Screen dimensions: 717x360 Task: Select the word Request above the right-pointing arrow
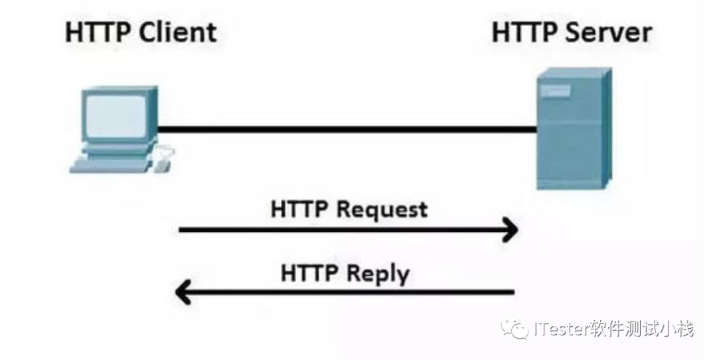[x=382, y=211]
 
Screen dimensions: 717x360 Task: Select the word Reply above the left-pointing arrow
[x=377, y=274]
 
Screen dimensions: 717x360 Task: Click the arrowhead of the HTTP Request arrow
[x=511, y=229]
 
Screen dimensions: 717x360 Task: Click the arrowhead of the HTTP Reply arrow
[x=183, y=292]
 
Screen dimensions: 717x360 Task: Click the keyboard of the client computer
[x=110, y=165]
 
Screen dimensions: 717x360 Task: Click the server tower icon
[x=574, y=129]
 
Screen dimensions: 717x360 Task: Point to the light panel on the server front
[x=555, y=90]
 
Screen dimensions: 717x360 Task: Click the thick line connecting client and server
[x=347, y=130]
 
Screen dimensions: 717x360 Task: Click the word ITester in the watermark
[x=560, y=329]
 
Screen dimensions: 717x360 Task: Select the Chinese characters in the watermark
[x=641, y=329]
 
